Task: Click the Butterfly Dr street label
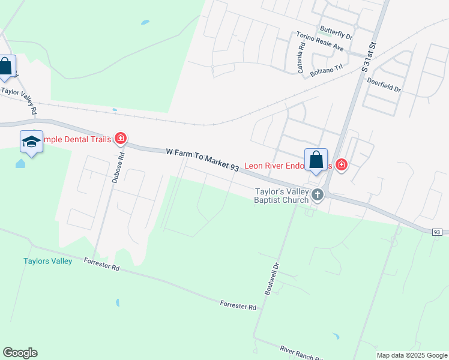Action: click(x=336, y=32)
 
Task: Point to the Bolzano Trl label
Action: click(x=326, y=70)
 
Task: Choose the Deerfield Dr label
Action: click(x=384, y=83)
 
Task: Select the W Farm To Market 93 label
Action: click(x=202, y=161)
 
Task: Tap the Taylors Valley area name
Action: click(x=48, y=261)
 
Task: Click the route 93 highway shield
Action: click(x=437, y=232)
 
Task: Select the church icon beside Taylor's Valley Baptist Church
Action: click(x=318, y=194)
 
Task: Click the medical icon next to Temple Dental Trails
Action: click(x=121, y=139)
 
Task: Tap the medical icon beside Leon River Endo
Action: click(x=342, y=164)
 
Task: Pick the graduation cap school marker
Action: click(x=31, y=142)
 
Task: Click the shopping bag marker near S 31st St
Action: click(x=316, y=160)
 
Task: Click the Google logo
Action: click(x=20, y=353)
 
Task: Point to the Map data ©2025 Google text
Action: click(x=412, y=355)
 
